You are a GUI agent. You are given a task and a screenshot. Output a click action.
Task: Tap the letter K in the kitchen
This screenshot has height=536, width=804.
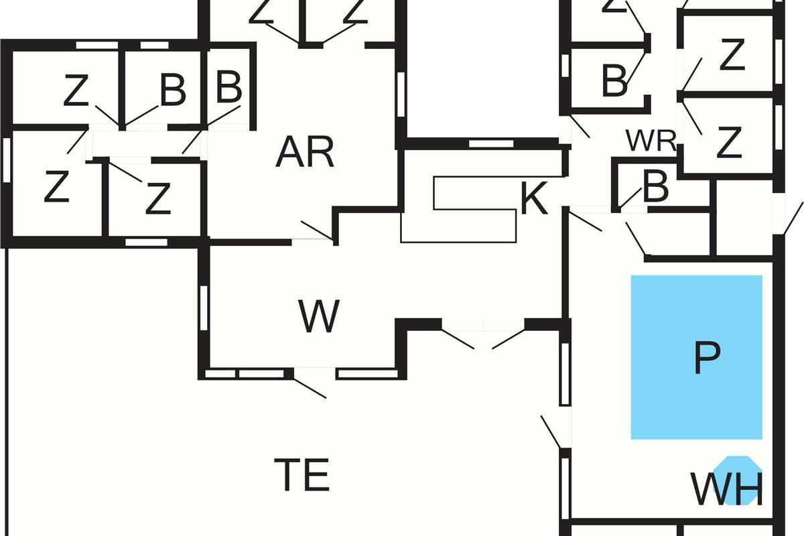point(534,198)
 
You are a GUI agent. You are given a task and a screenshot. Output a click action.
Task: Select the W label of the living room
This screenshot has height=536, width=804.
point(319,316)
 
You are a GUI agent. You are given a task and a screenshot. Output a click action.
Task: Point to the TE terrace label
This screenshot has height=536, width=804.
point(302,474)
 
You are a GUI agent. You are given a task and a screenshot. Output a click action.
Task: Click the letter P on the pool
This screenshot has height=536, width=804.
point(707,358)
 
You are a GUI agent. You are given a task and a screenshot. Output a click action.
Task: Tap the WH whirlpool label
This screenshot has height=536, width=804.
point(727,489)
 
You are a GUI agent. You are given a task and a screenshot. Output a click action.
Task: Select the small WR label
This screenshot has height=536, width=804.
point(651,141)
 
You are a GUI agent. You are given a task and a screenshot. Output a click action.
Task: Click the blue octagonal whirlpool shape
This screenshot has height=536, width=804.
point(738,480)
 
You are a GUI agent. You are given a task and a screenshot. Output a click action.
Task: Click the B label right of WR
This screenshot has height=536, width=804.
point(656,186)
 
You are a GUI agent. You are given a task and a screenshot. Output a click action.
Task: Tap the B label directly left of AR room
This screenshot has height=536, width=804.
point(229,86)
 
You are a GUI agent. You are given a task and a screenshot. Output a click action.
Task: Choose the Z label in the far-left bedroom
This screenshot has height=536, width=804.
point(56,186)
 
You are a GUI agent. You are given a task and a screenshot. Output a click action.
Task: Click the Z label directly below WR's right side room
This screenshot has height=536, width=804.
point(729,143)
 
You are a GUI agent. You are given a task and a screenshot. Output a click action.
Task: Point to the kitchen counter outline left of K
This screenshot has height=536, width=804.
point(458,210)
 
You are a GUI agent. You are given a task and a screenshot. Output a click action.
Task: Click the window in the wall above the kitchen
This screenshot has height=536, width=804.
point(491,143)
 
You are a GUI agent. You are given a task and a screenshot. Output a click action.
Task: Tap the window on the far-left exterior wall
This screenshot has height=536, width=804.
point(7,159)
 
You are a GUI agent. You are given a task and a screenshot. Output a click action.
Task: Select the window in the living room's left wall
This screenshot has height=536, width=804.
point(204,308)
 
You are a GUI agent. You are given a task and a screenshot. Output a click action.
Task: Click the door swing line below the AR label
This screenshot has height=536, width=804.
point(316,230)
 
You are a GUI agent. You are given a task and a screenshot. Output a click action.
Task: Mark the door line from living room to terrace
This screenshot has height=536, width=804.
point(310,388)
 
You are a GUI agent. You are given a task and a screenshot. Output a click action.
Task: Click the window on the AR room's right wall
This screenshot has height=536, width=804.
point(401,94)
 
